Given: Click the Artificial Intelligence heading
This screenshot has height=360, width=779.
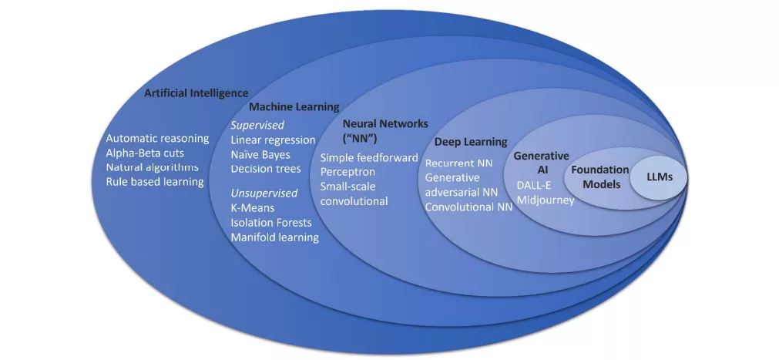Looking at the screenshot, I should [x=196, y=93].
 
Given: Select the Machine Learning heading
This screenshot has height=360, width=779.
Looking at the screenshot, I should [x=294, y=107].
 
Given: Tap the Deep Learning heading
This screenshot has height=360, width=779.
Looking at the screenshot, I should [x=471, y=142].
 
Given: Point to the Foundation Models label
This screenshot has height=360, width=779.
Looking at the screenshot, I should [x=600, y=177].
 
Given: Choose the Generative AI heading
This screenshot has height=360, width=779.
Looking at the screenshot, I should [x=541, y=162].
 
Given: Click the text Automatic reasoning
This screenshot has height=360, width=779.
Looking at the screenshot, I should [x=157, y=139].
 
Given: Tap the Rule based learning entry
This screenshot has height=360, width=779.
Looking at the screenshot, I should [x=155, y=181].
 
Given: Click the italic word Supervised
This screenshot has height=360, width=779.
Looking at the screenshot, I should [x=257, y=125].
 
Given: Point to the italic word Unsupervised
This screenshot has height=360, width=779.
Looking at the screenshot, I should [x=264, y=193].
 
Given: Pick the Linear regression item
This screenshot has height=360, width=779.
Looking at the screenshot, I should [x=273, y=140].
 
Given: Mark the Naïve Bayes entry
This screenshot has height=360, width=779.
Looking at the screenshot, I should [x=260, y=154].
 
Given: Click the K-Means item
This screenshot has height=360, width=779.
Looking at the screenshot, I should [x=253, y=207].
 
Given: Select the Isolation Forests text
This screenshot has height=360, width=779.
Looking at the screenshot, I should [x=271, y=222].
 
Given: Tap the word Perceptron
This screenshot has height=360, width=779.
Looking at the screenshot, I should [x=348, y=172].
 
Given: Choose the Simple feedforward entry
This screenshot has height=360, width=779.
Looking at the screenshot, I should [x=369, y=157].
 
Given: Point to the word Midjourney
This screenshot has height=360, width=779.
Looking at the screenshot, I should [x=546, y=200].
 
